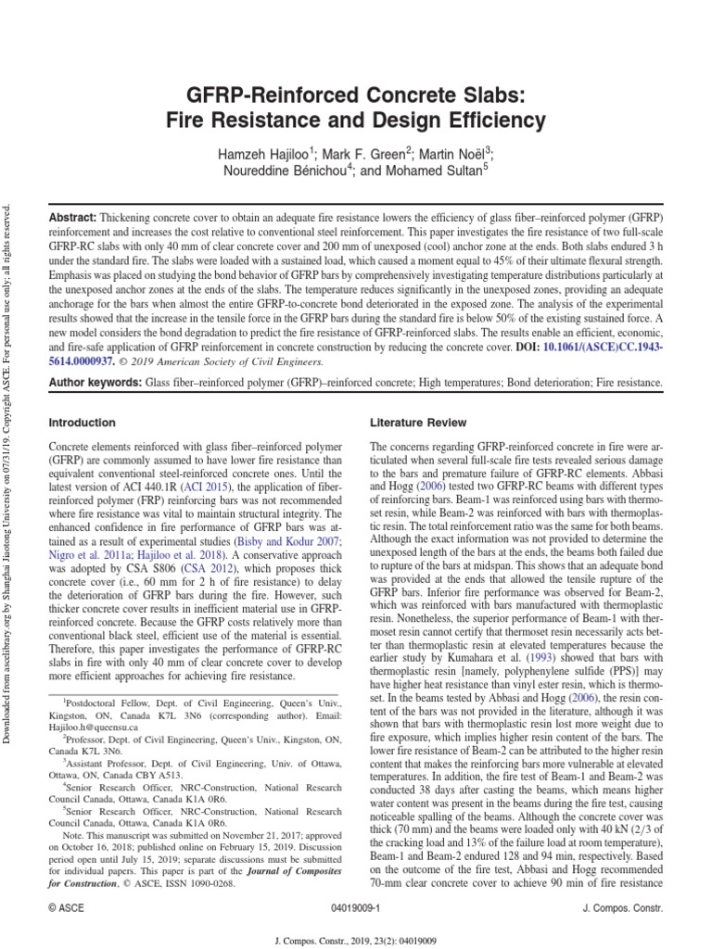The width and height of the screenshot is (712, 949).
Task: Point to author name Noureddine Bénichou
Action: pyautogui.click(x=305, y=171)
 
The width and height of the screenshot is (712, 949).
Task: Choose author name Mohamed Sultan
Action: pyautogui.click(x=439, y=171)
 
